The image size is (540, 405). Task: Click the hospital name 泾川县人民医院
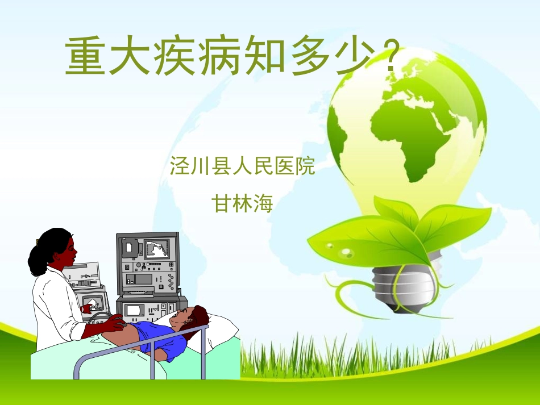[x=243, y=166]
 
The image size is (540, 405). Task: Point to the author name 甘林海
[x=243, y=203]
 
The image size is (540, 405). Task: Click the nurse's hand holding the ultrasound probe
[x=117, y=323]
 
